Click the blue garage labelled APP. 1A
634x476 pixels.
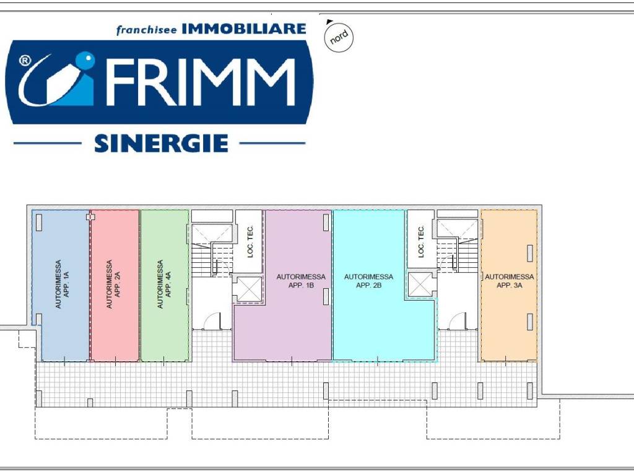pos(61,285)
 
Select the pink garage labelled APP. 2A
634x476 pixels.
pos(115,285)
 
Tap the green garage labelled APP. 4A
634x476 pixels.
pos(164,285)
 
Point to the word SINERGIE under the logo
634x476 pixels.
pos(161,144)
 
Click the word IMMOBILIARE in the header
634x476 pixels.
pos(244,29)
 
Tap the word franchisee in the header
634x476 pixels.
pos(147,30)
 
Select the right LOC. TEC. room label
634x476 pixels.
pos(421,242)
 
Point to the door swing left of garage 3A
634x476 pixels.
pos(457,320)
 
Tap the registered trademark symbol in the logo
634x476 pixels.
pos(25,61)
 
